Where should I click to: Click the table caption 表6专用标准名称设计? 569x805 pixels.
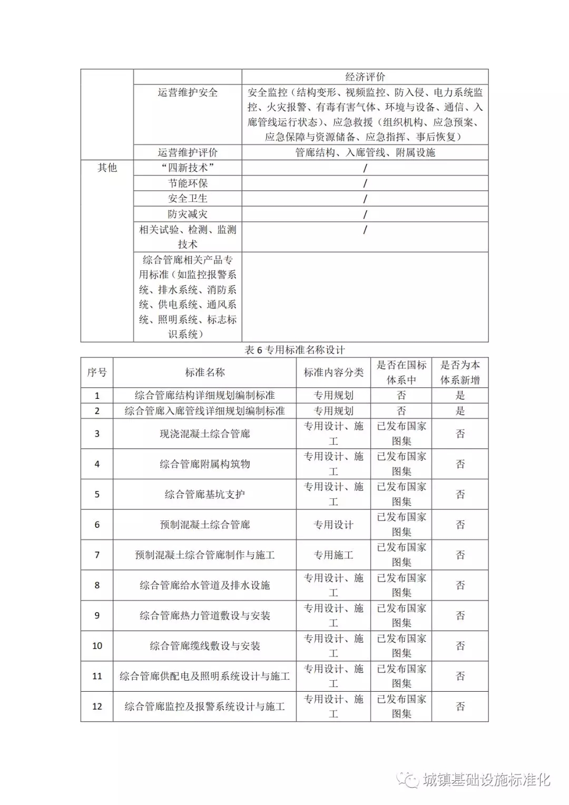(295, 350)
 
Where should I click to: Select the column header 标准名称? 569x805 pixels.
(204, 372)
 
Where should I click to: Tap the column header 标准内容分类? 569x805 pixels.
(333, 372)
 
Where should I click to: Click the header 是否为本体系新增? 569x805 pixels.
(460, 372)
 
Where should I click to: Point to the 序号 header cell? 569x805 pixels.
(97, 372)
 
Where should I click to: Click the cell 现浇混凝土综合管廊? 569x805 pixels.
(204, 434)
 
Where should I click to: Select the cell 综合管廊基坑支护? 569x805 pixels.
(204, 495)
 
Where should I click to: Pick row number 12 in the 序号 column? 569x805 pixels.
(97, 706)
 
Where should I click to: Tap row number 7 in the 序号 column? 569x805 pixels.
(97, 555)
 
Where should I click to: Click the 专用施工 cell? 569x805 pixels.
(333, 555)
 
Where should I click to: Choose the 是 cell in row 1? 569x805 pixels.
(460, 396)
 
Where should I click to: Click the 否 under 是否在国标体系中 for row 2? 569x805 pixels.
(401, 411)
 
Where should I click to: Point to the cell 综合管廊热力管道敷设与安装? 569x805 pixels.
(204, 616)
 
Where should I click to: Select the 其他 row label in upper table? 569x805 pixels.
(107, 168)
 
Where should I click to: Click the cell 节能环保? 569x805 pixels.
(188, 183)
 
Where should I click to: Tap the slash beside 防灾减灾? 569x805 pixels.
(365, 214)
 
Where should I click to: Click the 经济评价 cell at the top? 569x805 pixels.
(365, 77)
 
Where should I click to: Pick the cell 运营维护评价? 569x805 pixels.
(188, 153)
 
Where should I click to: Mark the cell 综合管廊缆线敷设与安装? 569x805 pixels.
(204, 646)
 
